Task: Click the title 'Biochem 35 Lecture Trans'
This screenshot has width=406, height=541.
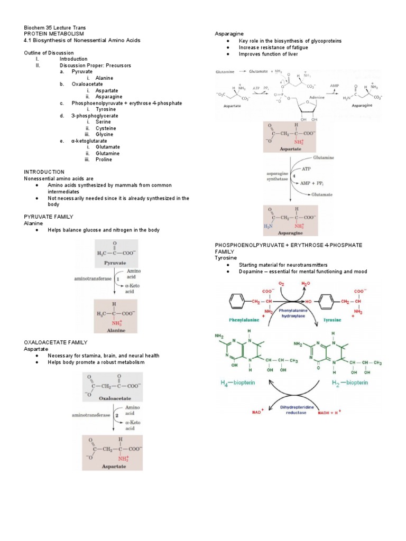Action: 55,27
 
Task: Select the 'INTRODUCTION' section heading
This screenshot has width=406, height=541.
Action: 44,172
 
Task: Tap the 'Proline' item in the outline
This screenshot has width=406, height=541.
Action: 104,160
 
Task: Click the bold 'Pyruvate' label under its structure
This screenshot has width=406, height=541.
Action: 116,262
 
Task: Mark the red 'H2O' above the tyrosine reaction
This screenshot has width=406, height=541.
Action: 306,284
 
